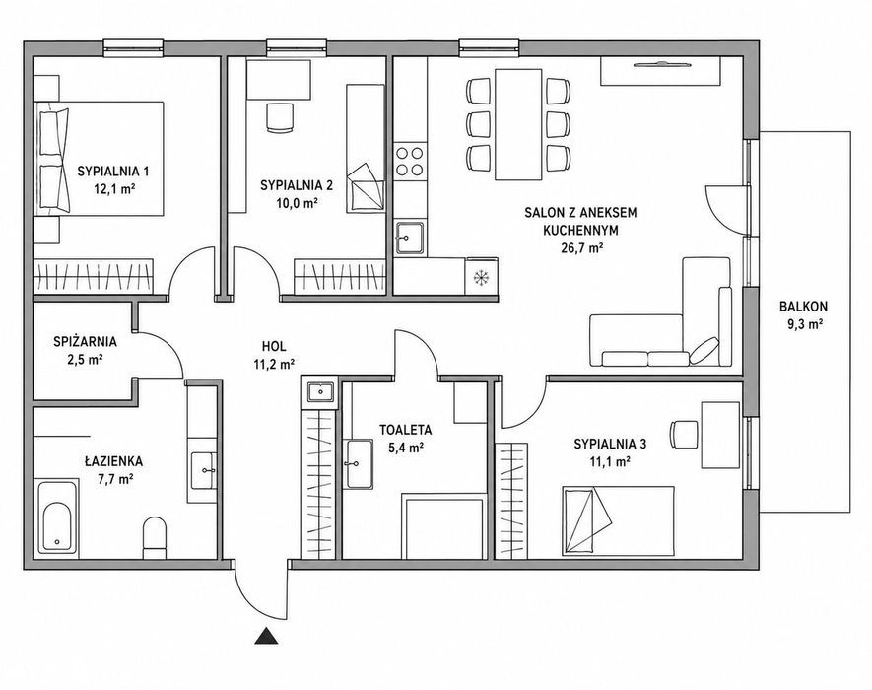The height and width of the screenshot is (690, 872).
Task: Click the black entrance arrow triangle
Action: pyautogui.click(x=266, y=636)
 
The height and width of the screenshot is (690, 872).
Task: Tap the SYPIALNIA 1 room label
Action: pyautogui.click(x=113, y=171)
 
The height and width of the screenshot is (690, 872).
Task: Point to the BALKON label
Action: pyautogui.click(x=804, y=306)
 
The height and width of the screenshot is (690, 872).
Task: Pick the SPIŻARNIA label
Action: pyautogui.click(x=85, y=340)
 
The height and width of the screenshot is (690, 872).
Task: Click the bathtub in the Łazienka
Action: pyautogui.click(x=58, y=517)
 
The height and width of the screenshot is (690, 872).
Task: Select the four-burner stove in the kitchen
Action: pyautogui.click(x=409, y=161)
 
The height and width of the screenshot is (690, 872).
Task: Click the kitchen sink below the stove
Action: pyautogui.click(x=409, y=238)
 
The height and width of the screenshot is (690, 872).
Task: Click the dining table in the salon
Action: pyautogui.click(x=518, y=124)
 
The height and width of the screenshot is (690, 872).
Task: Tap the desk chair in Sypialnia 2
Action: pyautogui.click(x=280, y=117)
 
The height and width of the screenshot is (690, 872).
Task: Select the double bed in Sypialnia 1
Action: pyautogui.click(x=100, y=159)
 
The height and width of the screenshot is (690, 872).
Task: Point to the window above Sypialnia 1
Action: pyautogui.click(x=133, y=48)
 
